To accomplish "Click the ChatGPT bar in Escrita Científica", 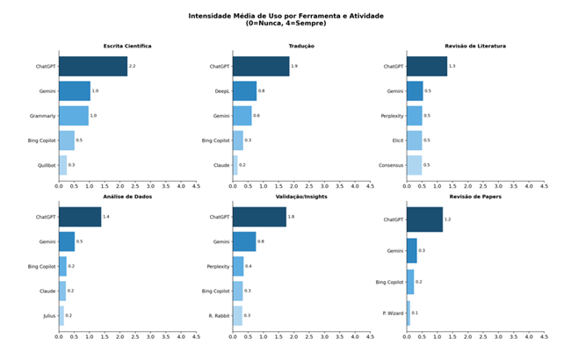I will (93, 66).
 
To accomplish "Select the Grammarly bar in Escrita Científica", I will (74, 116).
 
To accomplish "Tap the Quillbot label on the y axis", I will (46, 165).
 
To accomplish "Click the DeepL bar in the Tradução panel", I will (244, 90).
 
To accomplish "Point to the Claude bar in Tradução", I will (235, 165).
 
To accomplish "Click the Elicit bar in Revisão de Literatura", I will (414, 140).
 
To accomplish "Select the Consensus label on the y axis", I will (392, 165).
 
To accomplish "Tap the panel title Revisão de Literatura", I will (474, 46).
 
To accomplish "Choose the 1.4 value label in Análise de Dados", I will (106, 217).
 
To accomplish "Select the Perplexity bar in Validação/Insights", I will (238, 266).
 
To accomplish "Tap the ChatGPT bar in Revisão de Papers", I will (424, 220).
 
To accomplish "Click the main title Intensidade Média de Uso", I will (285, 15).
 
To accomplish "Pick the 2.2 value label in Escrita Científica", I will (132, 66).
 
